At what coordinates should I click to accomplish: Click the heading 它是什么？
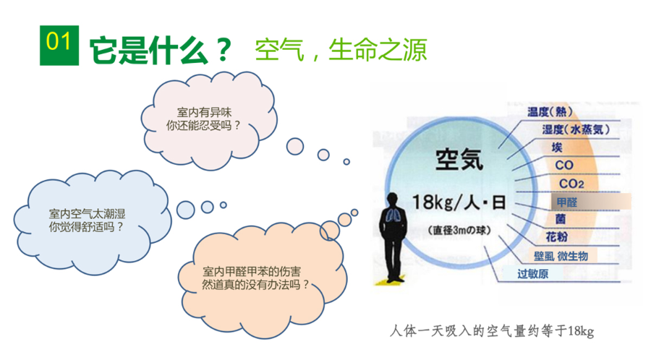(161, 51)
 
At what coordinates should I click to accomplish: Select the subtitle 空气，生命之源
(340, 49)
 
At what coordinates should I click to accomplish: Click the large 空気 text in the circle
(462, 158)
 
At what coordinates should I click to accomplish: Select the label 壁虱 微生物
(561, 256)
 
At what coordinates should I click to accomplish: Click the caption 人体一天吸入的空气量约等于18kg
(490, 331)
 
